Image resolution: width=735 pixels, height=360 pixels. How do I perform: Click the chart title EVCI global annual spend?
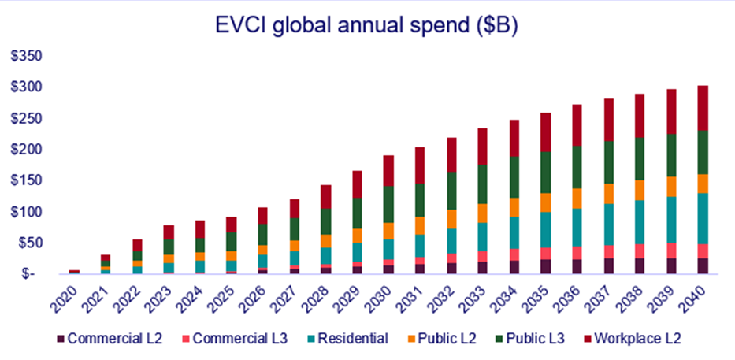pyautogui.click(x=366, y=25)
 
